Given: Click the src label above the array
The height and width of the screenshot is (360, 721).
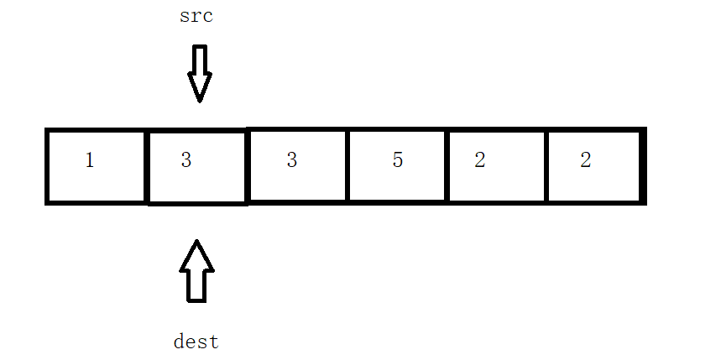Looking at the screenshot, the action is pos(196,17).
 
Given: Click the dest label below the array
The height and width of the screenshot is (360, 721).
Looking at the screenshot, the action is pos(196,342).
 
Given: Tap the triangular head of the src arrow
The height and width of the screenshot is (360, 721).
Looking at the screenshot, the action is pos(200,87).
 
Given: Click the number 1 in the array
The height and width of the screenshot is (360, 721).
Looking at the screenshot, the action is pos(90,160).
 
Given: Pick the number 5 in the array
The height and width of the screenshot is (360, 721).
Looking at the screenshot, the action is pos(398,160).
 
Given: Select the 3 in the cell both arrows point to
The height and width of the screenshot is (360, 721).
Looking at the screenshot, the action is pos(186,160).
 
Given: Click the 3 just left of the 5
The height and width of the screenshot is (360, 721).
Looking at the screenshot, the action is pos(291,160).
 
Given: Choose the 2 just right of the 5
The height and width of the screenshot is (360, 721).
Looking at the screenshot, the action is pos(479,160).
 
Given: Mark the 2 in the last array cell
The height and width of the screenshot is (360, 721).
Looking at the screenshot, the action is pos(585,160).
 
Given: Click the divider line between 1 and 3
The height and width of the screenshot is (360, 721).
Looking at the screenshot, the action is pos(148,166).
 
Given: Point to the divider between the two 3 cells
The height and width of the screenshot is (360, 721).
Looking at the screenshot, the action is pos(248,166).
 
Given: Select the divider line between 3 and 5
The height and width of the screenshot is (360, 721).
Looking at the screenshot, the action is pos(347,166).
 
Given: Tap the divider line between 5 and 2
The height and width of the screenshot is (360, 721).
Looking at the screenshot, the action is pos(447,166).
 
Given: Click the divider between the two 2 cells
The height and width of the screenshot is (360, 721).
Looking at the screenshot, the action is pos(546,166).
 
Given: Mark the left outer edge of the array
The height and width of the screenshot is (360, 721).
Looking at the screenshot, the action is pos(48,166).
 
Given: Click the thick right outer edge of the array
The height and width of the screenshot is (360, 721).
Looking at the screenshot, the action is pos(643,166).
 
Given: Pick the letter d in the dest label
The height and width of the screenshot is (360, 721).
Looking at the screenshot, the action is pos(179,342).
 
